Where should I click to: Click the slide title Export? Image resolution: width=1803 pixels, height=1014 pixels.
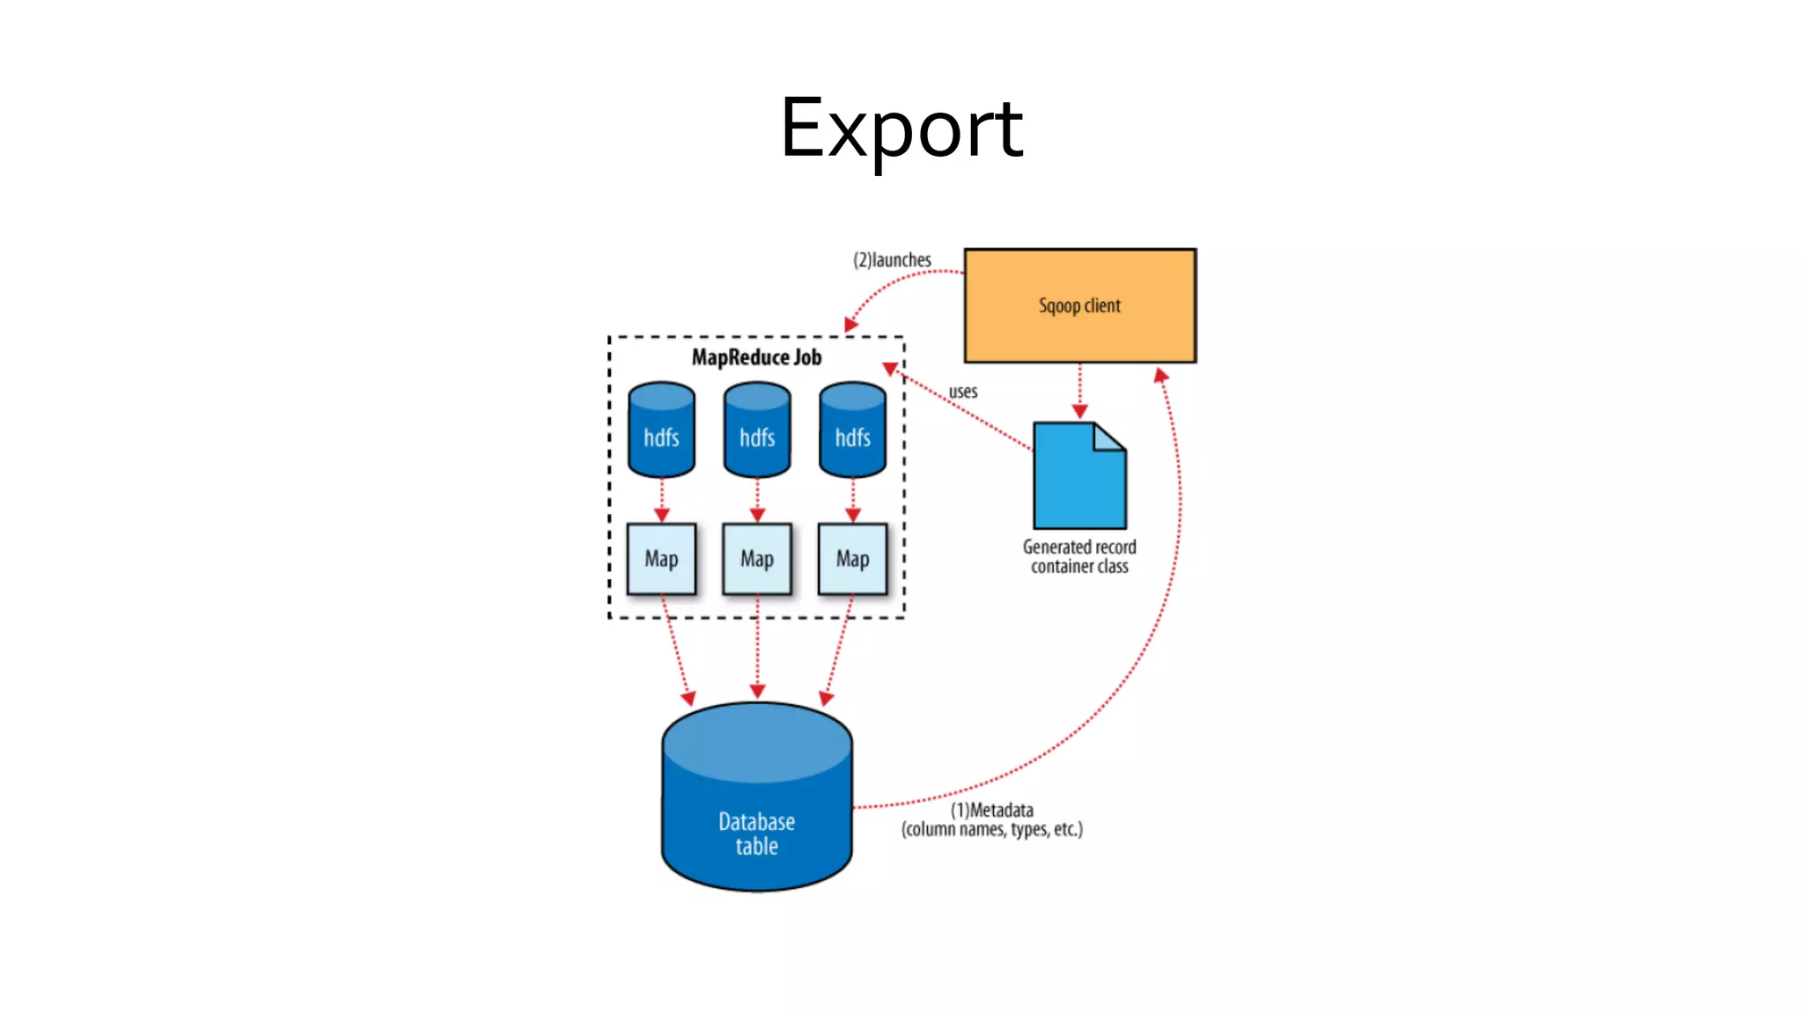[901, 129]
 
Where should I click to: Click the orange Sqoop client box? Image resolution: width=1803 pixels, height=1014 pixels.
[1079, 305]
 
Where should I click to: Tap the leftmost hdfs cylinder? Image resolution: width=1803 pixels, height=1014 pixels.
[661, 430]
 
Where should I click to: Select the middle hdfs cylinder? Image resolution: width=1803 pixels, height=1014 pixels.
[757, 430]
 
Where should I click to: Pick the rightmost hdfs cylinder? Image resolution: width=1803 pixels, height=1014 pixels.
[852, 430]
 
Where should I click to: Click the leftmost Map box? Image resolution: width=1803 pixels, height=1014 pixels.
[661, 559]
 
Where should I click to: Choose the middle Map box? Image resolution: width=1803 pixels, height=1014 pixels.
[757, 559]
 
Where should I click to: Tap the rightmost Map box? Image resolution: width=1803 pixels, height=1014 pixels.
[852, 559]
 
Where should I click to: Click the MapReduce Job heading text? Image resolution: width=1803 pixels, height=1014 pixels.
[756, 357]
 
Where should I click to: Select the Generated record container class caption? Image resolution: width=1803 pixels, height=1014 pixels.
[1079, 556]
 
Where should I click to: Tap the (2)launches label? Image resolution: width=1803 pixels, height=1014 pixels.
[892, 260]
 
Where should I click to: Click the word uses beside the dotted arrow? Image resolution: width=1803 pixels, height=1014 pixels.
[962, 392]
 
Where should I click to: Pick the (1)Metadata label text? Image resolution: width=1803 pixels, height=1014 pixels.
[991, 810]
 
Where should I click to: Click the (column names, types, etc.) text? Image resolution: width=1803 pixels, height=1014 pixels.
[991, 829]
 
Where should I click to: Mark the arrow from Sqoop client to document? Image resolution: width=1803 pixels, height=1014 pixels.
[1080, 387]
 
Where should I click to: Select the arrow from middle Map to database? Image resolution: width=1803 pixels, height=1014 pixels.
[757, 651]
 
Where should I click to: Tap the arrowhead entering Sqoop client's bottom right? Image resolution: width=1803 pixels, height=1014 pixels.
[1161, 375]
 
